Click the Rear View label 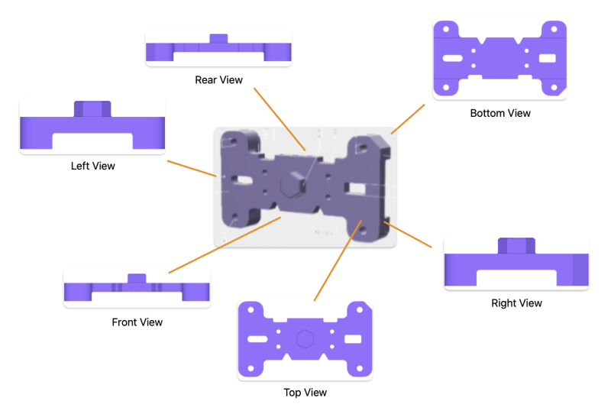pos(218,79)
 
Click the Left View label pos(92,166)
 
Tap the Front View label pos(137,322)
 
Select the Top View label pos(305,393)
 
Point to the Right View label pos(516,303)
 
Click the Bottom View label pos(500,113)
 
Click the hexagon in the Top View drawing pos(305,338)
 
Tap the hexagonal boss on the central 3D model pos(292,186)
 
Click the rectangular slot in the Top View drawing pos(352,338)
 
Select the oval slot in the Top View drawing pos(257,338)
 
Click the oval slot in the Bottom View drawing pos(453,58)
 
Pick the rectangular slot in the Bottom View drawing pos(548,58)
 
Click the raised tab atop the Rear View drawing pos(218,38)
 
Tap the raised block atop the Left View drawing pos(92,108)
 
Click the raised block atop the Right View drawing pos(516,245)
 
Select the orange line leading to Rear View pos(280,118)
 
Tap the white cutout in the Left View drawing pos(92,141)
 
